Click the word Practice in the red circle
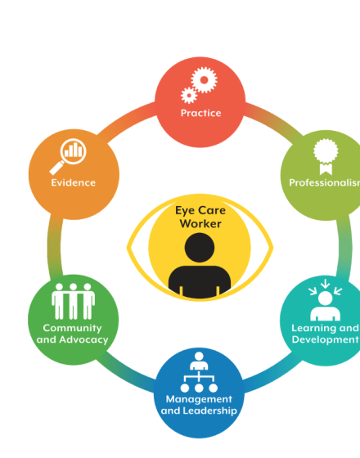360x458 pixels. [200, 113]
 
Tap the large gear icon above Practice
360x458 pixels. [204, 80]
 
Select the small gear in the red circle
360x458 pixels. [189, 95]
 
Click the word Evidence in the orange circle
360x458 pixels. [74, 182]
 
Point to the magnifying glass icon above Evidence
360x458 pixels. [68, 156]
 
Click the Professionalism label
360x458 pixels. [324, 182]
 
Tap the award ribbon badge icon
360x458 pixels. [326, 156]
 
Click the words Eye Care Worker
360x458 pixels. [200, 217]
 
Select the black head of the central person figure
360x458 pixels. [200, 247]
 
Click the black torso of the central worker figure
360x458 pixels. [200, 281]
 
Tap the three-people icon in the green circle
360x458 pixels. [73, 301]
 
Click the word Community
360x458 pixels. [72, 328]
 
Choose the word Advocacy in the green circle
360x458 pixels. [83, 339]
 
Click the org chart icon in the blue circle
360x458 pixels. [199, 372]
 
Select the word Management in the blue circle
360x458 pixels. [199, 399]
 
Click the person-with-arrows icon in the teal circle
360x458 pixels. [326, 300]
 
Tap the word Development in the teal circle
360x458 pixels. [326, 339]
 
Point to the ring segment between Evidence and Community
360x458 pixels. [55, 247]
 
